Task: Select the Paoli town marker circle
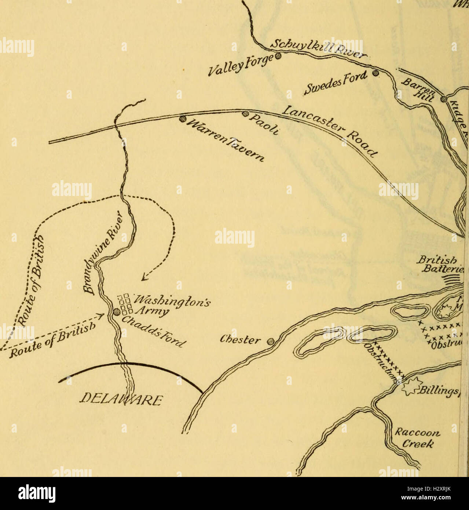pyautogui.click(x=246, y=113)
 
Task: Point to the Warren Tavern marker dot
pyautogui.click(x=182, y=119)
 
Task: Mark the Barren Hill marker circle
pyautogui.click(x=444, y=99)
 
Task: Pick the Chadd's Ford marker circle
pyautogui.click(x=116, y=312)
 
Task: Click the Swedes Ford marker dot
pyautogui.click(x=375, y=73)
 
